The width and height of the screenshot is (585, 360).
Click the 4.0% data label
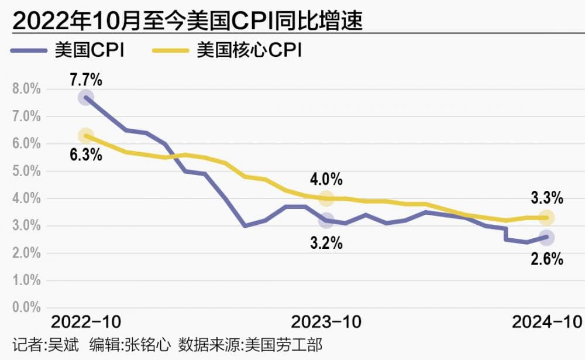tap(326, 179)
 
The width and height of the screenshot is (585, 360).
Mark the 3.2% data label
tap(326, 242)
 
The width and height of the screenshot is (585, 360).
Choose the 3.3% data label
tap(547, 198)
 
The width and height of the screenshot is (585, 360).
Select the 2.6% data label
tap(547, 258)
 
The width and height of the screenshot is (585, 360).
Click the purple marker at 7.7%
tap(86, 98)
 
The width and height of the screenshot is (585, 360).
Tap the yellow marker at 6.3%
tap(86, 136)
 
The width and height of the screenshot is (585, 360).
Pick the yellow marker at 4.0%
tap(326, 198)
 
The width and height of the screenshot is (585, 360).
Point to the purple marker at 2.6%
tap(547, 238)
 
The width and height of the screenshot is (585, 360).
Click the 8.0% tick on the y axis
tap(26, 89)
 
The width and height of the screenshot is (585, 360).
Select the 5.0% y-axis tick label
tap(26, 172)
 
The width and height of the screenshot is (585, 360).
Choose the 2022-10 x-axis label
tap(86, 322)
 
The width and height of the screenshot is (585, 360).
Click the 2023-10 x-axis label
tap(326, 322)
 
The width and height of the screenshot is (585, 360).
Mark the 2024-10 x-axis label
tap(547, 322)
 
